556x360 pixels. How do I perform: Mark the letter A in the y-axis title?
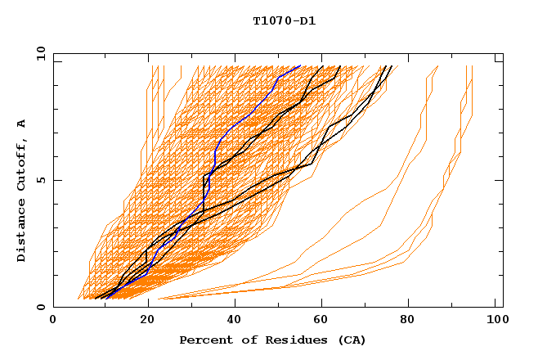pyautogui.click(x=22, y=124)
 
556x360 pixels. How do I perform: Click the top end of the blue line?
pyautogui.click(x=300, y=65)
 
